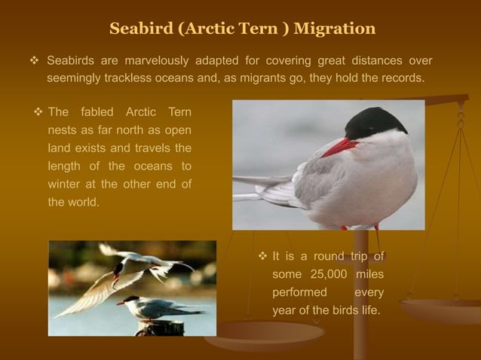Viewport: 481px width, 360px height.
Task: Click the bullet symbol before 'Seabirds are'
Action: (x=23, y=60)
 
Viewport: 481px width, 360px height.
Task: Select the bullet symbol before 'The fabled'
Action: (x=38, y=112)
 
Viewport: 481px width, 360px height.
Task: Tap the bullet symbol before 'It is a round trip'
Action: (x=262, y=257)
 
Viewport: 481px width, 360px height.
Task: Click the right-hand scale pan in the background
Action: (x=440, y=310)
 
